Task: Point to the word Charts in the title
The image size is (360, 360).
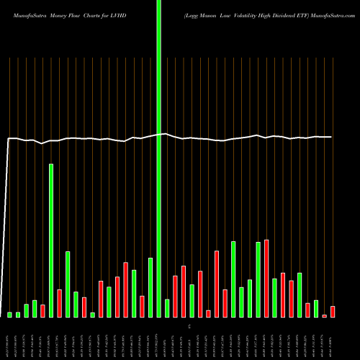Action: point(97,9)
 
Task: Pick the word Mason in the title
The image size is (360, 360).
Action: point(202,9)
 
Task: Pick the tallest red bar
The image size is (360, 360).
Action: point(266,278)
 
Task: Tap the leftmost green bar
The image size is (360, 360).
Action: point(10,315)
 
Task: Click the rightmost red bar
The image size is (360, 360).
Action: point(333,312)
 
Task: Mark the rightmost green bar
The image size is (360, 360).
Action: point(316,308)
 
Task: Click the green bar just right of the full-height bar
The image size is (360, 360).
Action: point(167,308)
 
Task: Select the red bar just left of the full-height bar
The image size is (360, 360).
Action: point(143,306)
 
